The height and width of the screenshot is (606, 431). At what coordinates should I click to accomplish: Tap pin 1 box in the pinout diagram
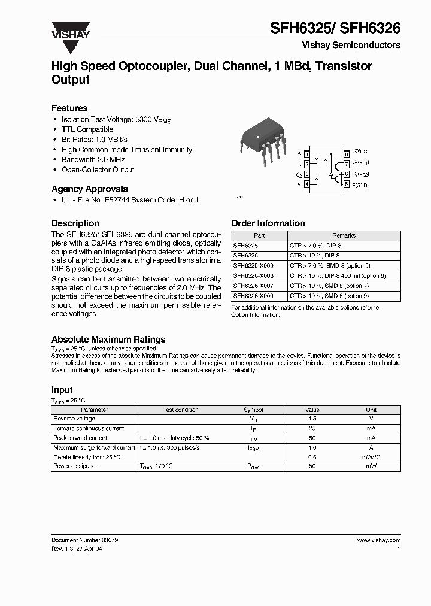(307, 154)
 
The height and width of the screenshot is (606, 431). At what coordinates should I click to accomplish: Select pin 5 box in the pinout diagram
(347, 184)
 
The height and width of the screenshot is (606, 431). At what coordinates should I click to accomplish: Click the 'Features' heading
(69, 108)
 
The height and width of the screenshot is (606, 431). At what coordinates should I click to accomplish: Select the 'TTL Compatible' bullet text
(87, 129)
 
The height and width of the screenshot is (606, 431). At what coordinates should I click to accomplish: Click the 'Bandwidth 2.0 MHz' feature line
(94, 160)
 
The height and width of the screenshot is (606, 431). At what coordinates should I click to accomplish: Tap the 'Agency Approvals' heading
(89, 189)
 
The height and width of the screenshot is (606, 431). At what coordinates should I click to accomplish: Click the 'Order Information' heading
(268, 223)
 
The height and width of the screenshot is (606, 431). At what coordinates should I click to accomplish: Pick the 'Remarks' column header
(344, 236)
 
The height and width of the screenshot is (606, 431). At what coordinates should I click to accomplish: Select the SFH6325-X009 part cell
(253, 265)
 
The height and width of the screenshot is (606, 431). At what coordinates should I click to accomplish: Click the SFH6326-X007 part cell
(253, 286)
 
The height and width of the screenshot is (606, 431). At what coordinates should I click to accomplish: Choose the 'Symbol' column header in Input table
(253, 410)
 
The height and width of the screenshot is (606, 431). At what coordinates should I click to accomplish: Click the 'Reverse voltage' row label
(74, 419)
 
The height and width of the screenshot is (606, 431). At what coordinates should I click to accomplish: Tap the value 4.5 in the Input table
(312, 419)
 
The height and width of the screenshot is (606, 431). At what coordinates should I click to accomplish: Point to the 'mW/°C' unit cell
(371, 457)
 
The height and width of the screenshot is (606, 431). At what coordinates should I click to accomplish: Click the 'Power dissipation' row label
(76, 466)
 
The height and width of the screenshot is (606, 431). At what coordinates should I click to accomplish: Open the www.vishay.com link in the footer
(378, 540)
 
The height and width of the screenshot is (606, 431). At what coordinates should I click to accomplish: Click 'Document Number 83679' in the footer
(84, 540)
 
